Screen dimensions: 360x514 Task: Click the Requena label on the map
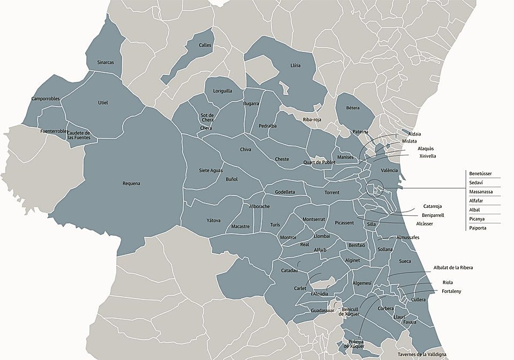point(131,184)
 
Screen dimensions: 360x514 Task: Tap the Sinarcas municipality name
point(105,62)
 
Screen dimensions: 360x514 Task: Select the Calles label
point(205,46)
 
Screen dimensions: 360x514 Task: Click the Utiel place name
point(103,102)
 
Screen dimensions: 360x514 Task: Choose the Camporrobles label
point(46,99)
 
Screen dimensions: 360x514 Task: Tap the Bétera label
point(353,108)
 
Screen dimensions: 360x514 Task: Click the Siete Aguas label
point(211,170)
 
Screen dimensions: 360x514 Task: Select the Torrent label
point(332,192)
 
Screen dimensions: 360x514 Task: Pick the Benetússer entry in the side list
point(480,174)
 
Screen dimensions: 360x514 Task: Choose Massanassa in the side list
point(481,192)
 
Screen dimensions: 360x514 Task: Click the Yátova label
point(213,220)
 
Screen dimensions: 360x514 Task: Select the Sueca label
point(405,261)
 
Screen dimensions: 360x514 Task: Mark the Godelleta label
point(285,192)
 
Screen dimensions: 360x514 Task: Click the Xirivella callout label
point(427,156)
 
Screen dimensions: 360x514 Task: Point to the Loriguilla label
point(223,91)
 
